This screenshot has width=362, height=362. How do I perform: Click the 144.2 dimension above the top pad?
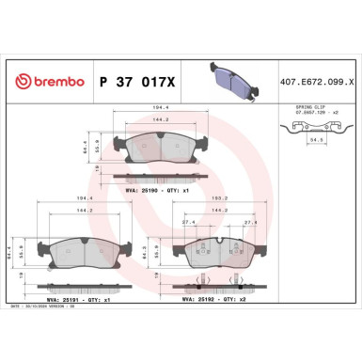point(146,121)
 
